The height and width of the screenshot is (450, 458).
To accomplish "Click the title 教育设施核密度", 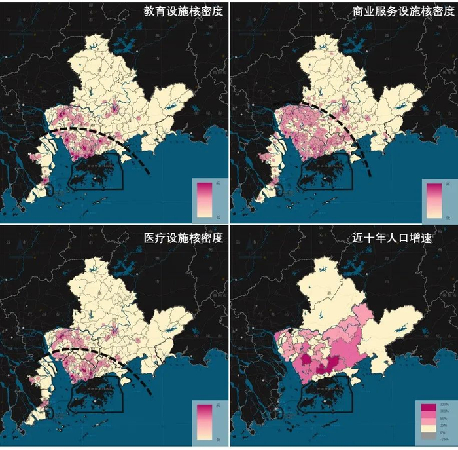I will click(185, 11).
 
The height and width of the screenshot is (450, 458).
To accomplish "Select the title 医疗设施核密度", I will click(185, 238).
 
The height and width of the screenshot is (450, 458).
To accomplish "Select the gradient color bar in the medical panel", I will click(205, 424).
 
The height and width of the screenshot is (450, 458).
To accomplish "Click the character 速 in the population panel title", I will click(443, 238).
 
